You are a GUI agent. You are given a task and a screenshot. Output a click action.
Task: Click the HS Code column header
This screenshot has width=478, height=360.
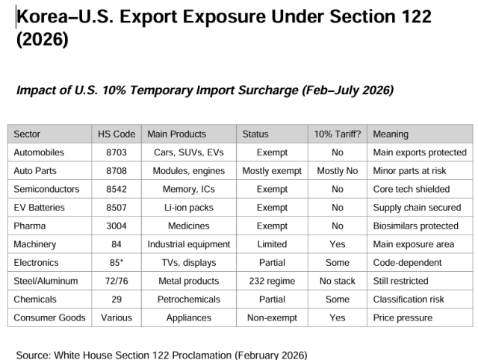click(117, 134)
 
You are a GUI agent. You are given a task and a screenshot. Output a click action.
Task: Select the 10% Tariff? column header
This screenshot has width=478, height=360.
click(338, 134)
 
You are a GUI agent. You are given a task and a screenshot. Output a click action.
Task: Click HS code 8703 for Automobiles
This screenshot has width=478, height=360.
click(117, 152)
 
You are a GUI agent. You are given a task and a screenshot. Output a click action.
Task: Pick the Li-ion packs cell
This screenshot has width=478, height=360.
click(188, 208)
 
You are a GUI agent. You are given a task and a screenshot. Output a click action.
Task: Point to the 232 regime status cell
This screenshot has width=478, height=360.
click(272, 281)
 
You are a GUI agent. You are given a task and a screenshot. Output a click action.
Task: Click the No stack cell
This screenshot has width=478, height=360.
click(338, 281)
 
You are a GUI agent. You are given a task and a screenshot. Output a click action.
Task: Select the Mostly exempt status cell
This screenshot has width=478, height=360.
click(272, 171)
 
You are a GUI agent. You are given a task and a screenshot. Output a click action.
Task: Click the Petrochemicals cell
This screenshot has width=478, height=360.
click(188, 300)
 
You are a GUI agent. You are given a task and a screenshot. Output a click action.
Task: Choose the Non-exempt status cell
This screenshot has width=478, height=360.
click(272, 317)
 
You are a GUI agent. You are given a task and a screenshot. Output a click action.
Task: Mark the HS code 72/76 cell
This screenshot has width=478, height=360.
click(117, 281)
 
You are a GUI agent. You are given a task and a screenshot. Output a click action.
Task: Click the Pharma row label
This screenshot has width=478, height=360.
click(29, 226)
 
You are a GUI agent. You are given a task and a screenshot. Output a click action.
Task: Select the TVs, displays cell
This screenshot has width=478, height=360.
click(188, 263)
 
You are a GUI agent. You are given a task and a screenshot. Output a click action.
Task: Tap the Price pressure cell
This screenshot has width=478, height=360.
click(403, 317)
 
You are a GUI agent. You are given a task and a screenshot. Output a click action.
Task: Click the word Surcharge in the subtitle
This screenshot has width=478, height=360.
click(261, 90)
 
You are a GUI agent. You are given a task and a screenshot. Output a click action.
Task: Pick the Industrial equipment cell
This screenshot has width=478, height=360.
click(188, 244)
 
